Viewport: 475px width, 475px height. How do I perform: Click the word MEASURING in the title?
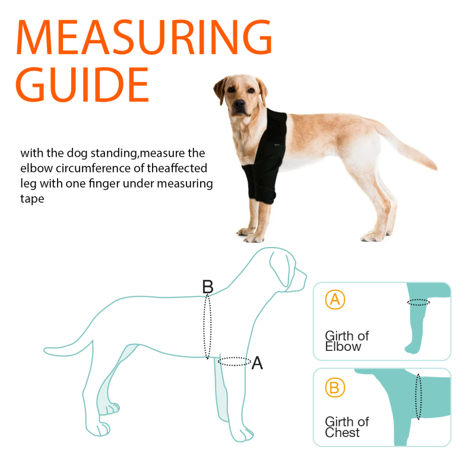click(144, 37)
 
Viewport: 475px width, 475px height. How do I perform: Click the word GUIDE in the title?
click(82, 84)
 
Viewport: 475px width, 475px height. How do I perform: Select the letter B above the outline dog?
click(208, 287)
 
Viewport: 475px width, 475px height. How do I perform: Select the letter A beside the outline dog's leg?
click(257, 363)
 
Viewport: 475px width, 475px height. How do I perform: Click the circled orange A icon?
click(335, 300)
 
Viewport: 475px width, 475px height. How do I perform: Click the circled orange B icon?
click(335, 388)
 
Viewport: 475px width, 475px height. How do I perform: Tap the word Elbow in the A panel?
click(343, 347)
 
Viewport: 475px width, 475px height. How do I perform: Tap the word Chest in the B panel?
click(342, 433)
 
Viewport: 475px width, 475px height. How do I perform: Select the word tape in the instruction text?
click(32, 199)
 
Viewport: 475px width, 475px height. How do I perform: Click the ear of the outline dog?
click(281, 269)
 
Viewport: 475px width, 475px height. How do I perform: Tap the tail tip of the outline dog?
click(45, 351)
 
